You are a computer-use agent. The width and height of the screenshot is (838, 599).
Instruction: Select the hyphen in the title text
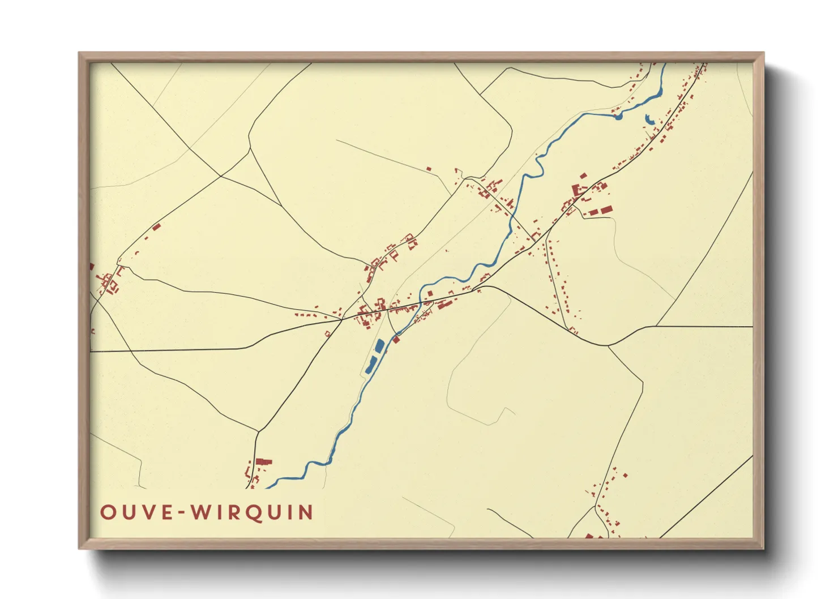pyautogui.click(x=180, y=513)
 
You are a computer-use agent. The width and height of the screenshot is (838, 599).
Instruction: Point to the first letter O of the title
pyautogui.click(x=107, y=512)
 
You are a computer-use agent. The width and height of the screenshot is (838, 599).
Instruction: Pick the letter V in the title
pyautogui.click(x=146, y=512)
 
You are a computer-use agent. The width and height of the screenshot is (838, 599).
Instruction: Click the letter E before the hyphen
pyautogui.click(x=165, y=512)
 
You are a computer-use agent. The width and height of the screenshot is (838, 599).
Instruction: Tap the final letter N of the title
pyautogui.click(x=306, y=512)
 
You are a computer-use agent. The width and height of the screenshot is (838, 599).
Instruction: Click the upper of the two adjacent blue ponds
pyautogui.click(x=379, y=345)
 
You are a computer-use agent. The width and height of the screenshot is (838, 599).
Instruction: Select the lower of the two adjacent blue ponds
pyautogui.click(x=371, y=365)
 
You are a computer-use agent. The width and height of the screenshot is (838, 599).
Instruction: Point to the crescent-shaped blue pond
pyautogui.click(x=648, y=119)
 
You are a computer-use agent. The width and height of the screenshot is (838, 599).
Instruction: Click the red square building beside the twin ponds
pyautogui.click(x=396, y=340)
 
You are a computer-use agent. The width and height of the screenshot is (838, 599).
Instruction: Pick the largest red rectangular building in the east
pyautogui.click(x=605, y=210)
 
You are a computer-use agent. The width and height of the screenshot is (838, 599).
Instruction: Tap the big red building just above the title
pyautogui.click(x=263, y=462)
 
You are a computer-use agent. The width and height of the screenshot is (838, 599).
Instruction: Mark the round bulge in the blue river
pyautogui.click(x=618, y=117)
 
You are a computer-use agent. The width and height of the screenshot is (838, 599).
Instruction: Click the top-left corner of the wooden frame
pyautogui.click(x=79, y=53)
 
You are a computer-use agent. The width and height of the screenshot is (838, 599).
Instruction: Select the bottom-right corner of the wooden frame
pyautogui.click(x=763, y=548)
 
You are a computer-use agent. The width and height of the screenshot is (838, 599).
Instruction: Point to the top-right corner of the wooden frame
pyautogui.click(x=763, y=53)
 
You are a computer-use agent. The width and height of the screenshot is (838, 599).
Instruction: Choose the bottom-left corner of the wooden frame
pyautogui.click(x=79, y=548)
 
